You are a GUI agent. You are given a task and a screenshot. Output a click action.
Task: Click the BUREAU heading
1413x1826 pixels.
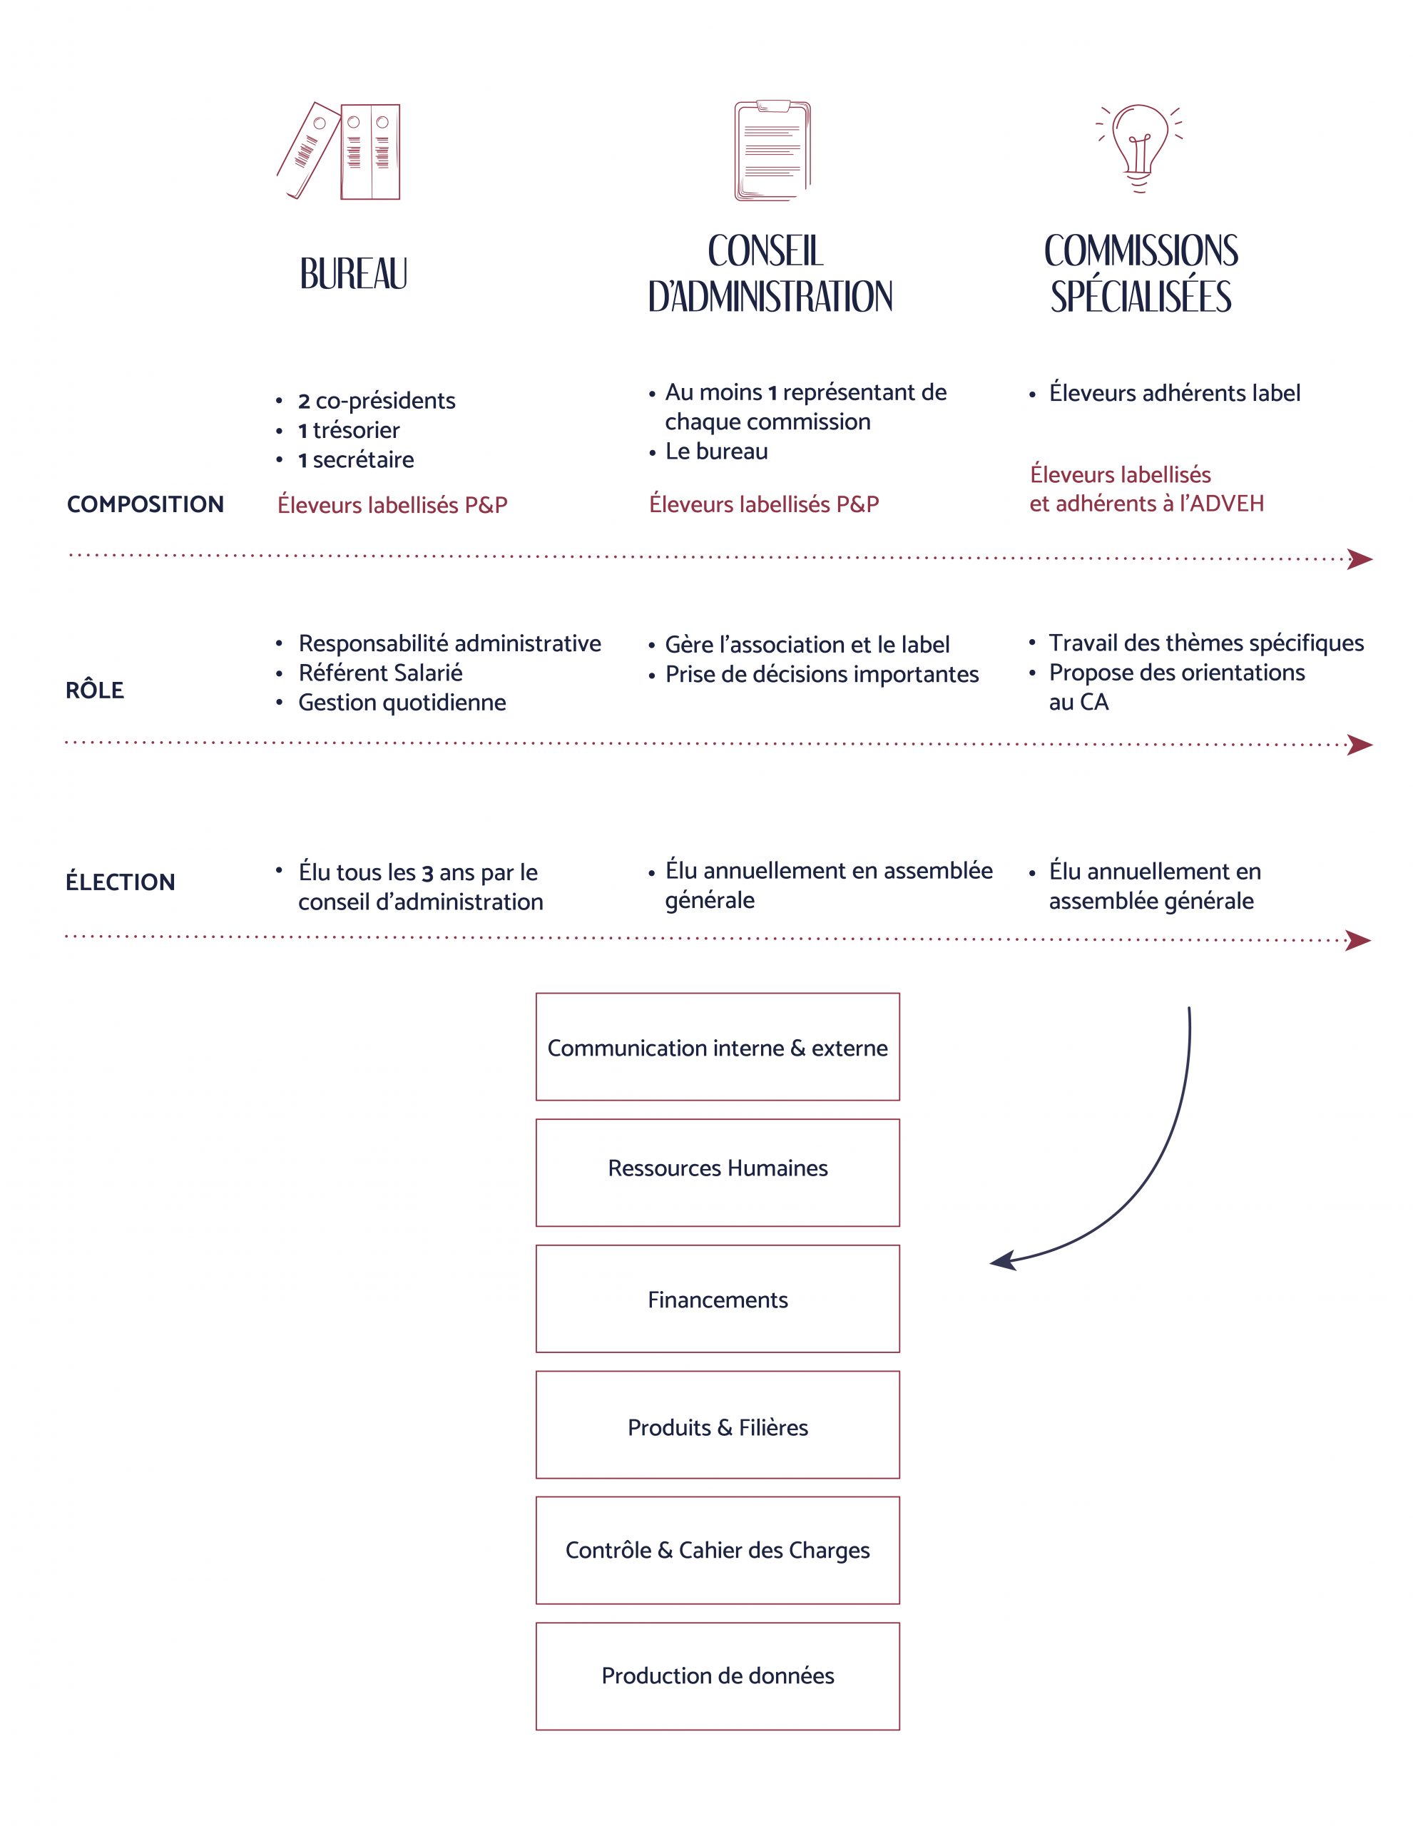[x=354, y=274]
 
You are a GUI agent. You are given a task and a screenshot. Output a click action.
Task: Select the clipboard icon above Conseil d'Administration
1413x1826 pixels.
[x=772, y=151]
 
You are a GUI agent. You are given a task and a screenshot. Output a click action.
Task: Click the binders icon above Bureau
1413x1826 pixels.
[x=340, y=151]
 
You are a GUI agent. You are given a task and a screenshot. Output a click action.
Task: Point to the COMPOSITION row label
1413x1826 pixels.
[x=146, y=504]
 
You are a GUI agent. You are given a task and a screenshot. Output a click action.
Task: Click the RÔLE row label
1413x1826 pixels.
[x=94, y=690]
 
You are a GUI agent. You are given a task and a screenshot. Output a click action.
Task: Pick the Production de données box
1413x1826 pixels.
[x=718, y=1675]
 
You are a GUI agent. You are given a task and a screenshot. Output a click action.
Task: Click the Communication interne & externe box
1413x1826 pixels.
[x=718, y=1047]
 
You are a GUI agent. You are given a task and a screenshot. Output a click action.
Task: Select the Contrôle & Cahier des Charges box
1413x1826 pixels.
[x=718, y=1550]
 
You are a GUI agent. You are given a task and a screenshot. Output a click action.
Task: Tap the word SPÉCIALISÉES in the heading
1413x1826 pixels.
[x=1141, y=297]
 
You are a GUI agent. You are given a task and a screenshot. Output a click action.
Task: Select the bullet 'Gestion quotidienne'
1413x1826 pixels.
[x=402, y=703]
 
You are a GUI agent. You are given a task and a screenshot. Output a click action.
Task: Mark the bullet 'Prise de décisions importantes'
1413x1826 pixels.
[x=821, y=674]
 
